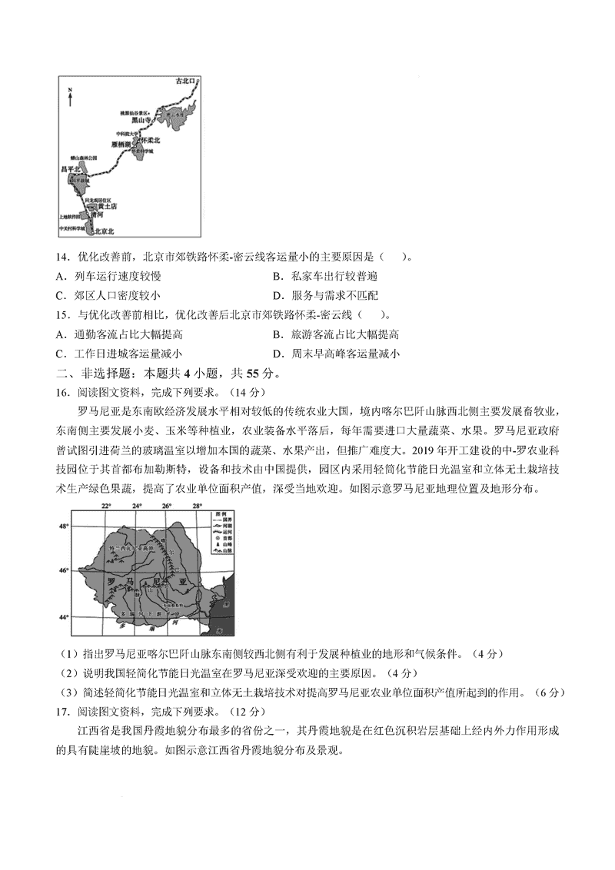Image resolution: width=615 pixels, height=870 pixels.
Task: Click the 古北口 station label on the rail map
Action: [x=184, y=80]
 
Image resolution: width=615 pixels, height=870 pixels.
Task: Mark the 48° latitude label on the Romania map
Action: [x=64, y=526]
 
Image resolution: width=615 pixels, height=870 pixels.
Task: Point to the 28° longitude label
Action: [x=197, y=506]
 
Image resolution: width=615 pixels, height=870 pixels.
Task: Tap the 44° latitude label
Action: [x=64, y=617]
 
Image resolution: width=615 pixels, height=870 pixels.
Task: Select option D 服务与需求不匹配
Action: [x=329, y=296]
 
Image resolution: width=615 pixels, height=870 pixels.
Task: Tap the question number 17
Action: [x=64, y=711]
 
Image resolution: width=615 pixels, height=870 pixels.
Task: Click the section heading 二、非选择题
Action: [x=91, y=374]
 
